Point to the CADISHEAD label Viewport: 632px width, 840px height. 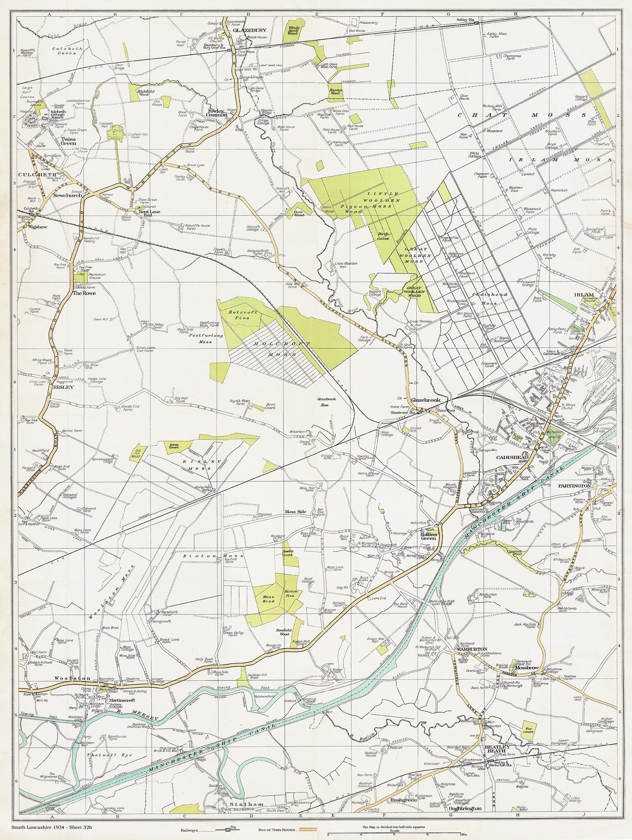point(512,457)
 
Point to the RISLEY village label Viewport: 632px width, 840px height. point(63,387)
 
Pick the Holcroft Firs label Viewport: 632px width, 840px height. point(243,315)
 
